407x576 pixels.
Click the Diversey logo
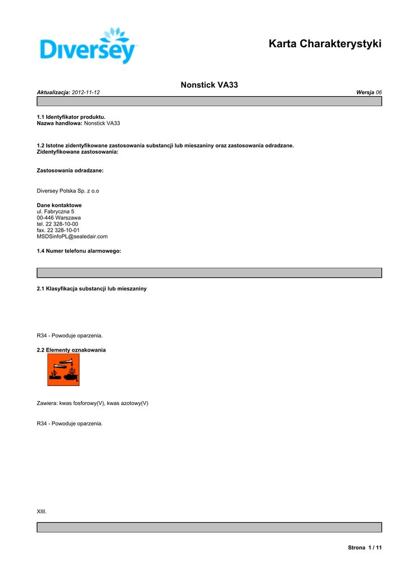coord(89,46)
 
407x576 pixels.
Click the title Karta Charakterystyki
coord(325,43)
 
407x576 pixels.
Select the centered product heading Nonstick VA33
coord(209,85)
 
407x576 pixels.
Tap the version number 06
coord(379,92)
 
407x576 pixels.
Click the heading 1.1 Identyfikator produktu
coord(71,117)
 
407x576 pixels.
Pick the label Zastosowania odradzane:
coord(70,169)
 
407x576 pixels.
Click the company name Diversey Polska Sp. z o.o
coord(68,191)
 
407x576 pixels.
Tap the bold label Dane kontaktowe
coord(59,205)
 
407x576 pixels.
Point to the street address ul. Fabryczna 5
coord(56,211)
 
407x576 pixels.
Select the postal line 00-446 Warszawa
coord(59,218)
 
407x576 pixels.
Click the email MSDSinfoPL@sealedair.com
coord(72,236)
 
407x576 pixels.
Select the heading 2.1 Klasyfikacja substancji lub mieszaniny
coord(92,289)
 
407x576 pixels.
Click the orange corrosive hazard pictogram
coord(64,370)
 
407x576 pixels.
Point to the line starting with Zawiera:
coord(93,403)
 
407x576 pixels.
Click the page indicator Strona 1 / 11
coord(365,547)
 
